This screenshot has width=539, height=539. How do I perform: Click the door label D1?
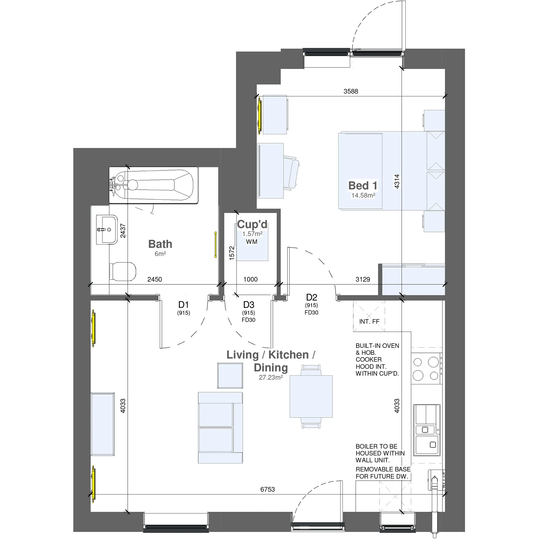pos(183,305)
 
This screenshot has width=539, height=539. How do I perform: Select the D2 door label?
pos(311,297)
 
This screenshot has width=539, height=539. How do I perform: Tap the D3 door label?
pos(248,305)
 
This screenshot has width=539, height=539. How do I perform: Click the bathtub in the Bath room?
pos(154,185)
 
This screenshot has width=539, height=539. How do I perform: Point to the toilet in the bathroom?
pos(122,271)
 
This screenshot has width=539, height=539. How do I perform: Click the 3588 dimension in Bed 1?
pos(351,91)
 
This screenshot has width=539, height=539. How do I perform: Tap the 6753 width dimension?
pos(268,489)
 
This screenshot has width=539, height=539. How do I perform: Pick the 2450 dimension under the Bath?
pos(155,279)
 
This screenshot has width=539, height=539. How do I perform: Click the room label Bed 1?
pos(363,186)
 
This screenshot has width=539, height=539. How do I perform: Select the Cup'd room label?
pos(252,224)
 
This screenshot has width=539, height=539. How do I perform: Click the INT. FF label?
pos(369,322)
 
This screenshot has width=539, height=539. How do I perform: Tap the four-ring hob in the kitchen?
pos(426,369)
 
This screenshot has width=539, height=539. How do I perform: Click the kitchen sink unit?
pos(427,430)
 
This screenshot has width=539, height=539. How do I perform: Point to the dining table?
pos(311,396)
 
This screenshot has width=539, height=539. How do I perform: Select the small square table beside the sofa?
pos(230,376)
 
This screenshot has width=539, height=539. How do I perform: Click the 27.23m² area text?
pos(271,378)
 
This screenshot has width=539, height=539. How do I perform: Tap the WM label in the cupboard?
pos(252,242)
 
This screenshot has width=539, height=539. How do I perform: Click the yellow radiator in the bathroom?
pos(216,245)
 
